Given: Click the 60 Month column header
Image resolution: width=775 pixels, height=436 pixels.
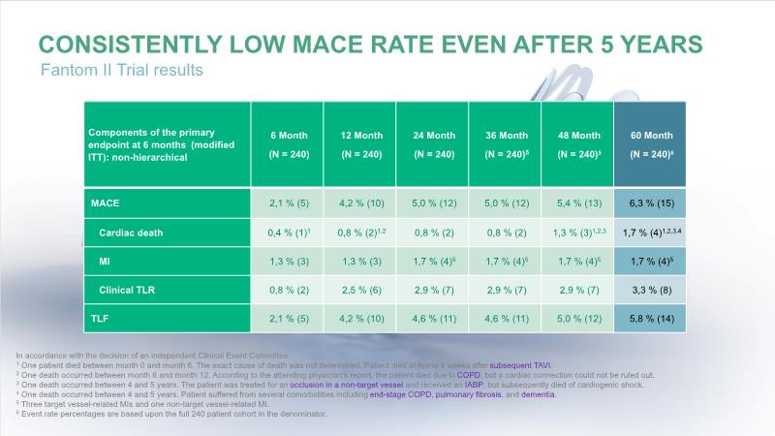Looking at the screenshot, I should pos(651,144).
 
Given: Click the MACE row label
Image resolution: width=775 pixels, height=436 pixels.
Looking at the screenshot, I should pos(108,203).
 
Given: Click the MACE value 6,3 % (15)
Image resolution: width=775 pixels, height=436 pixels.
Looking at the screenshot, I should pos(651,203).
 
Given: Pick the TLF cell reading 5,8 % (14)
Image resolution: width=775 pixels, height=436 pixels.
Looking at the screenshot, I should pos(651,317).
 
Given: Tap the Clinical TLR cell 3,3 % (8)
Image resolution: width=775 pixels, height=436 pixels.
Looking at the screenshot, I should pos(651,289).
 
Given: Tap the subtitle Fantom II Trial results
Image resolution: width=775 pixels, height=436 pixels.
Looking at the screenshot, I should pos(121,71).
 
